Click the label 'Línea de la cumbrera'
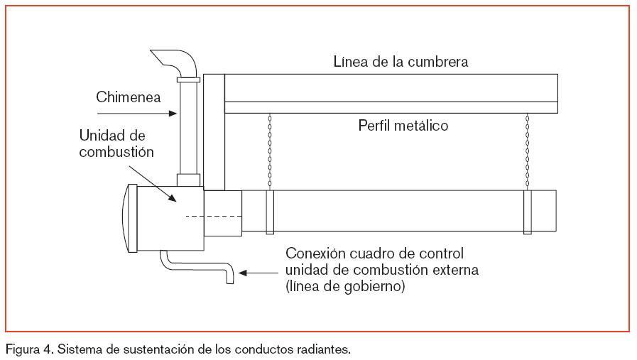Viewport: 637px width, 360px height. click(401, 62)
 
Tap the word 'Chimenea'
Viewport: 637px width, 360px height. click(129, 97)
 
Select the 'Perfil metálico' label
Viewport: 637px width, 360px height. click(402, 126)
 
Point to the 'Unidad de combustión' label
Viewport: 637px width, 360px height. click(116, 143)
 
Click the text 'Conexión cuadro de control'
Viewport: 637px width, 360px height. click(374, 253)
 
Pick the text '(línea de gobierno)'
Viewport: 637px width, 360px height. click(345, 287)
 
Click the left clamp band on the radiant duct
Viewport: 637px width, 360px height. click(270, 211)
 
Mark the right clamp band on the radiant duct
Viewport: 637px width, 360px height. click(527, 211)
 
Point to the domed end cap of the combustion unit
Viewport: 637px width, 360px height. click(131, 217)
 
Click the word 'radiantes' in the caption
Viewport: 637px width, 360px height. click(325, 350)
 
